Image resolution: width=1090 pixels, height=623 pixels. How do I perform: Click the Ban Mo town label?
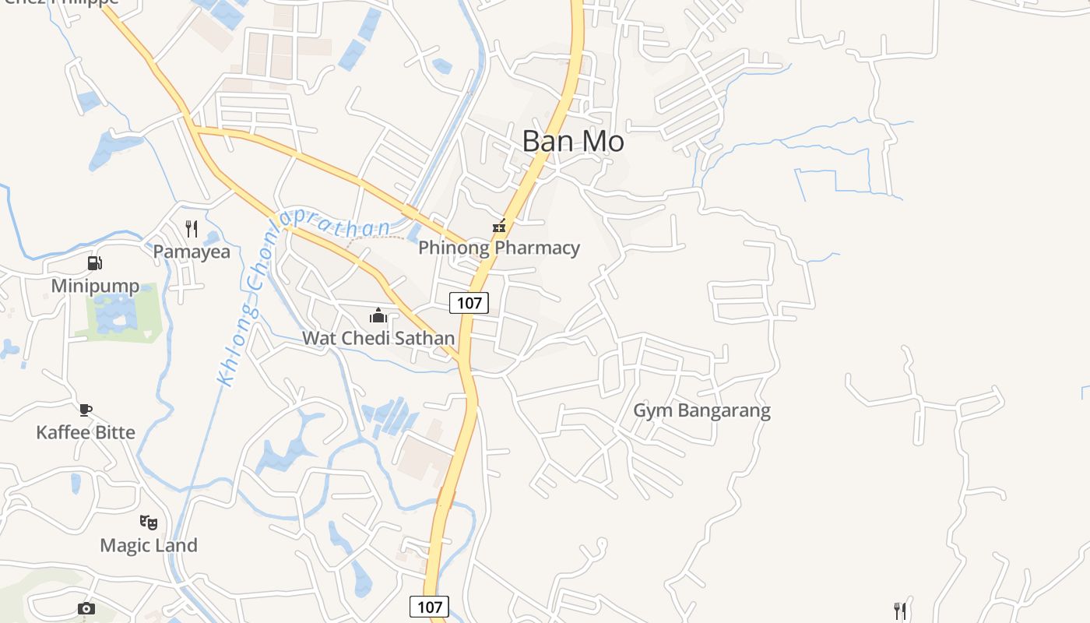573,142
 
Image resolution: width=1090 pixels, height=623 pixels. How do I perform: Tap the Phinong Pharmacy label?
499,248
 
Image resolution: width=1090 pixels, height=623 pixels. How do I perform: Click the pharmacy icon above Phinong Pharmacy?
499,227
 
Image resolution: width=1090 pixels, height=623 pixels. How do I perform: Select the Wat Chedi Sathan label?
378,338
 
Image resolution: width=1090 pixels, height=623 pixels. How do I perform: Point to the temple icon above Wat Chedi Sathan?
378,315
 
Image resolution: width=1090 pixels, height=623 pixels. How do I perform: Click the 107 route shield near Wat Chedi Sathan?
469,302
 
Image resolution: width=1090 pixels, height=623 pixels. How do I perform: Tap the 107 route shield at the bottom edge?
429,607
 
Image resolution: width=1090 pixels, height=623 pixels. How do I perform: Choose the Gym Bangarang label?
701,410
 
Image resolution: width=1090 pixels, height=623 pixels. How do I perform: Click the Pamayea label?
192,252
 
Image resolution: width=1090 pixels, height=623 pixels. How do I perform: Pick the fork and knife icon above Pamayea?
192,228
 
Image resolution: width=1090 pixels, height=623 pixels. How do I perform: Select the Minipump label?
95,286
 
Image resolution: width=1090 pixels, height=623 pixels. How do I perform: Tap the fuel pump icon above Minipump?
94,263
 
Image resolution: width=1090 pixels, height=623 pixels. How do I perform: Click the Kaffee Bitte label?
86,432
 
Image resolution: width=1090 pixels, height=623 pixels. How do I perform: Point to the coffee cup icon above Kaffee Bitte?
86,410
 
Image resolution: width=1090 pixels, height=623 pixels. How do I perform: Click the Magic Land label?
149,545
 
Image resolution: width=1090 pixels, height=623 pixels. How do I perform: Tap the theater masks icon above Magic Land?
149,522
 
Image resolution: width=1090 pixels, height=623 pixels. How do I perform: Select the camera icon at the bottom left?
86,608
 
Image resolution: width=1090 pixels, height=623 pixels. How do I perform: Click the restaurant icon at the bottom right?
900,610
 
